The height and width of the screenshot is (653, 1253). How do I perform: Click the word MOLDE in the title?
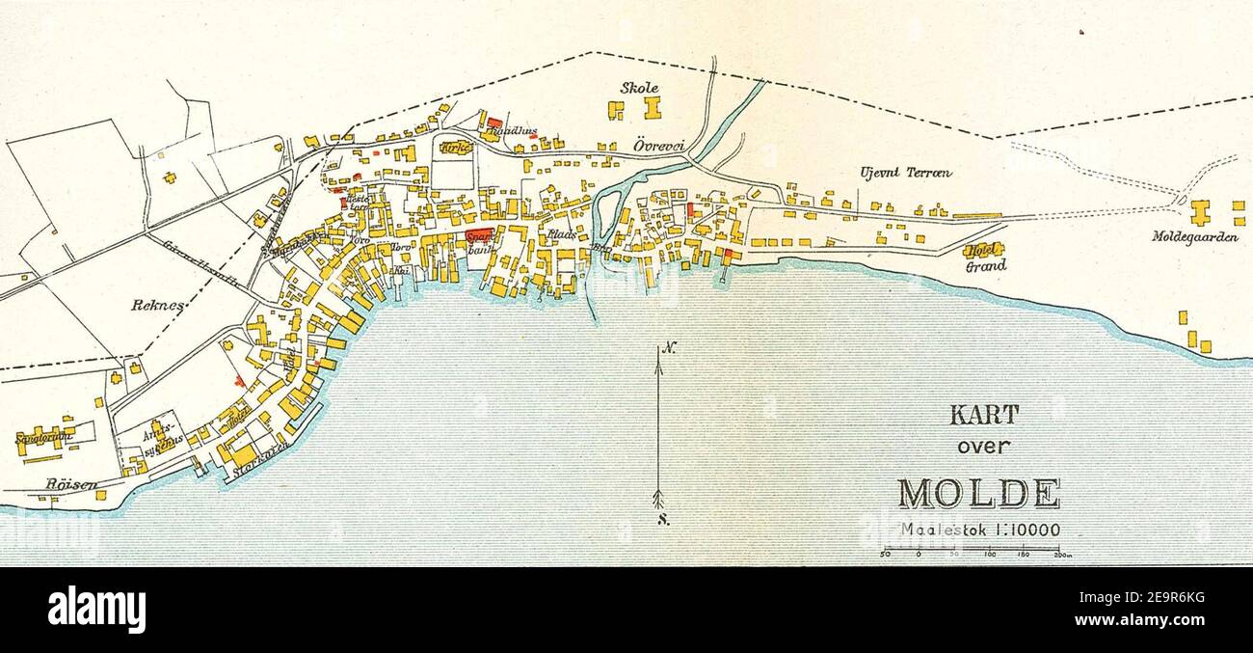[x=978, y=493]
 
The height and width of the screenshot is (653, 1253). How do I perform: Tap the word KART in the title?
[x=984, y=416]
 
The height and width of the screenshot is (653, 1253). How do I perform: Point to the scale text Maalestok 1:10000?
[x=980, y=530]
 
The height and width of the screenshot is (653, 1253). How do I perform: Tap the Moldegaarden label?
[x=1195, y=235]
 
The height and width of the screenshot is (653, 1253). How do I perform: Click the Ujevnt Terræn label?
[x=906, y=173]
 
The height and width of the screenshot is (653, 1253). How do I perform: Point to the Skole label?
[x=639, y=88]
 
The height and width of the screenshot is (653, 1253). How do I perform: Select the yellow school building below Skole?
[x=653, y=107]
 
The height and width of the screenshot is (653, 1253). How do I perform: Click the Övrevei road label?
[x=659, y=145]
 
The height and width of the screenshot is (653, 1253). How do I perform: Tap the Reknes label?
[x=157, y=305]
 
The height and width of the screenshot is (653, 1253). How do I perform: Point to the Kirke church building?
[x=454, y=148]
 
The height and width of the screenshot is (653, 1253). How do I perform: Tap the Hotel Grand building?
[x=983, y=250]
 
